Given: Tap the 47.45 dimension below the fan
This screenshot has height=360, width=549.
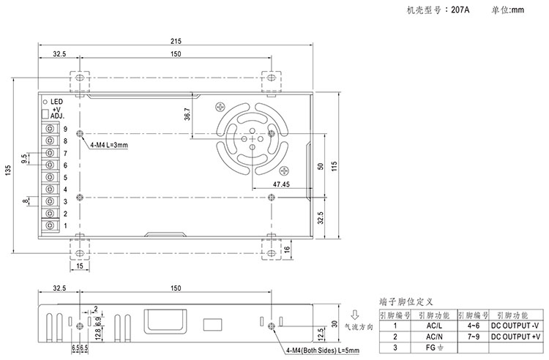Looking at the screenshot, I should click(x=280, y=184).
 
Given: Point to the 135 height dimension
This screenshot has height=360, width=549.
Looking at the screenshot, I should click(x=7, y=170).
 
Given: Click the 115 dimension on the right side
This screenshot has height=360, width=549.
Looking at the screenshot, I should click(x=333, y=166).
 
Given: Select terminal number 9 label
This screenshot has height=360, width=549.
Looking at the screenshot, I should click(x=65, y=129).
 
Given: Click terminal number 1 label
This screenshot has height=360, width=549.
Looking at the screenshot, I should click(x=65, y=225).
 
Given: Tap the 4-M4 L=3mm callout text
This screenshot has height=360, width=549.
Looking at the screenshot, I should click(x=109, y=146).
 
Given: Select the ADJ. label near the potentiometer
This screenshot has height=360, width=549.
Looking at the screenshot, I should click(x=59, y=116).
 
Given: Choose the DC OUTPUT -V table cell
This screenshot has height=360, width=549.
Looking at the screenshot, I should click(x=515, y=325).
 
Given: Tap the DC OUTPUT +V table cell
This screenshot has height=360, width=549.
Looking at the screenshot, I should click(x=515, y=337).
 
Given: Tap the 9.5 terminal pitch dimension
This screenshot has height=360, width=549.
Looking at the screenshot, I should click(x=24, y=159).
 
